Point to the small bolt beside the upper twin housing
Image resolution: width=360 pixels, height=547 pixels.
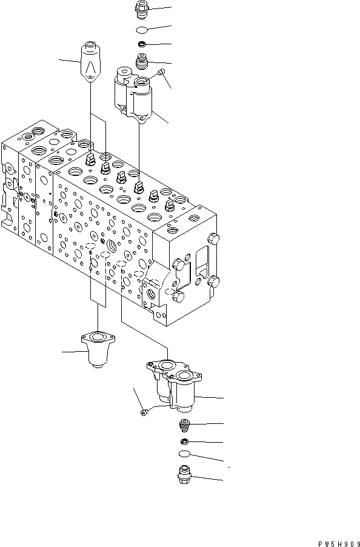coord(161,73)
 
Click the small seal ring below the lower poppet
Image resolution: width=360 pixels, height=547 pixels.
coord(184,441)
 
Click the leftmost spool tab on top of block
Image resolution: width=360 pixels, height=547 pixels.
coord(91,160)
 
